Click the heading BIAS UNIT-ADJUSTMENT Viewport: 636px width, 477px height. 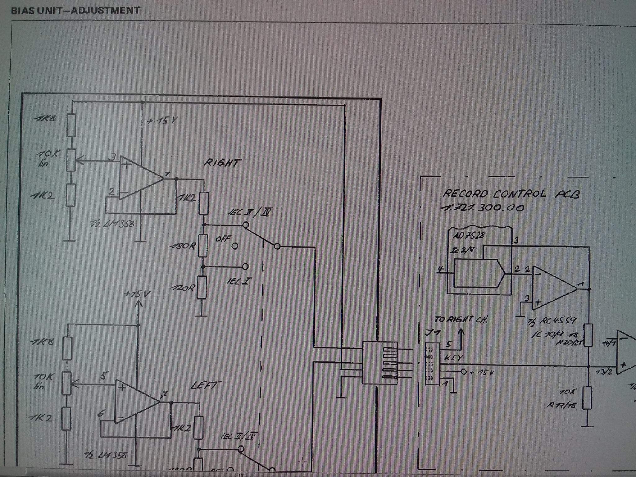75,11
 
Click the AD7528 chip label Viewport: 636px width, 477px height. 468,235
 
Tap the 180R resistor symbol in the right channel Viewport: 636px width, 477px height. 203,246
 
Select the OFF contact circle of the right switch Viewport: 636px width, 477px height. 235,246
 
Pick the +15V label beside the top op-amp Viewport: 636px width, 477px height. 162,120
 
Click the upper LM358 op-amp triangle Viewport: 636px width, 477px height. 140,178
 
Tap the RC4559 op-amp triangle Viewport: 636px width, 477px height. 553,288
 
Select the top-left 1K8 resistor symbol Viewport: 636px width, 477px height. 71,125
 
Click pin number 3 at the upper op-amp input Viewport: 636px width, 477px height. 113,157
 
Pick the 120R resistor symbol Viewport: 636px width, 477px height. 202,287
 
